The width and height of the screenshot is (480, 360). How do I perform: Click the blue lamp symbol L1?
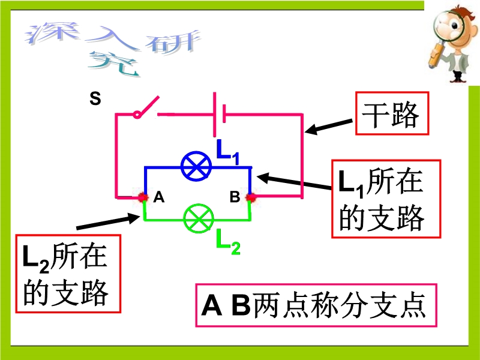(196, 166)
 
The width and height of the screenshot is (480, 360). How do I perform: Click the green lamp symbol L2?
(199, 218)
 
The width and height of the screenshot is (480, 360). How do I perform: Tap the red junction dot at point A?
(143, 197)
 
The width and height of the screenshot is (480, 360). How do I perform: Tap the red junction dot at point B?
(251, 198)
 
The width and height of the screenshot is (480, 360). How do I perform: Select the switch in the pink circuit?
(146, 108)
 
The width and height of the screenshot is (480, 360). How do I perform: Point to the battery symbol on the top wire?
(220, 114)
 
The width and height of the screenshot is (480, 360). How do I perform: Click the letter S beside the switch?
(95, 98)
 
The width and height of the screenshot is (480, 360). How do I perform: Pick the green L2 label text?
(228, 242)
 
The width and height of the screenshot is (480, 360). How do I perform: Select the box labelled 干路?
(392, 113)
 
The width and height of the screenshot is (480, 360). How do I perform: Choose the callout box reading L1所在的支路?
(386, 199)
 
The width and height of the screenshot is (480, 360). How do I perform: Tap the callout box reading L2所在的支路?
(68, 274)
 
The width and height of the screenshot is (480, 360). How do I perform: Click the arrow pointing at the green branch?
(108, 221)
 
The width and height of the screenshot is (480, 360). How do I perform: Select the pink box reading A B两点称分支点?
(316, 305)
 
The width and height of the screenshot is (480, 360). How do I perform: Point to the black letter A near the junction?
(159, 197)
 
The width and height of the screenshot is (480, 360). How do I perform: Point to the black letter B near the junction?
(235, 197)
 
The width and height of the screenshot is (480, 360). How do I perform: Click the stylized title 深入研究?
(113, 47)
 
